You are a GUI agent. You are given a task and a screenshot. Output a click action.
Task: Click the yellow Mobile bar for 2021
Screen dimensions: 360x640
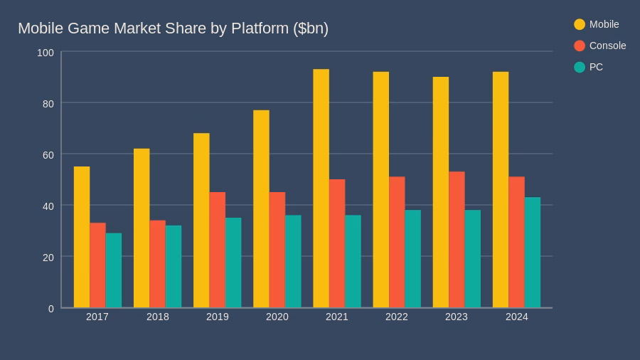tap(321, 189)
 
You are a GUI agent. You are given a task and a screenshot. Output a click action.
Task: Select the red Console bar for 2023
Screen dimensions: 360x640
tap(457, 240)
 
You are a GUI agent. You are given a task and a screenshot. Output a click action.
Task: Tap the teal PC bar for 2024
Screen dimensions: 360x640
tap(533, 253)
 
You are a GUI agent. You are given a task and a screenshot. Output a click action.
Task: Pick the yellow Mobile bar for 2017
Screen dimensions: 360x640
tap(82, 237)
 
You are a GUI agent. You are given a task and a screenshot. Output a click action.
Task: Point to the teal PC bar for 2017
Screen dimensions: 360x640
tap(114, 270)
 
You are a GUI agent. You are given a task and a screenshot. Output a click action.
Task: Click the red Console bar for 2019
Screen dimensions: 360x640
tap(218, 250)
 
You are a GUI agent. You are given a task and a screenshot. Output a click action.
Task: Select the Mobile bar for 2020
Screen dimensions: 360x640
tap(261, 209)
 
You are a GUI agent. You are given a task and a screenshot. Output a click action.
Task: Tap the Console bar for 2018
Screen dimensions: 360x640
tap(157, 264)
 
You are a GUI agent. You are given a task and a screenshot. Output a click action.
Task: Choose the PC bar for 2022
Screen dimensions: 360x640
tap(413, 259)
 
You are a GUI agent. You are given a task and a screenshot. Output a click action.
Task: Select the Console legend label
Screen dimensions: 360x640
tap(607, 46)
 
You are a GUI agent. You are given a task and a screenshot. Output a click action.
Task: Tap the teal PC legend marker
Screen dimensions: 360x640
tap(580, 67)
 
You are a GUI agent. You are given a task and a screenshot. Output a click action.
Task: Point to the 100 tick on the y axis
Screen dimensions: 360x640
tap(46, 53)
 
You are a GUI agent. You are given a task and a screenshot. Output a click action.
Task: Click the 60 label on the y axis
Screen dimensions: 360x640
tap(48, 154)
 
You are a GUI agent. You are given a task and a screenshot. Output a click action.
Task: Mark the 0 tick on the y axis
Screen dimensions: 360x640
tap(51, 308)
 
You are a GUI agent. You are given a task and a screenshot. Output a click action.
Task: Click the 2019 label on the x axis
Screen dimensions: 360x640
tap(218, 317)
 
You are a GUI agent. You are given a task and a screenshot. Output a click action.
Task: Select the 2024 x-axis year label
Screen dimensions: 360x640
tap(517, 317)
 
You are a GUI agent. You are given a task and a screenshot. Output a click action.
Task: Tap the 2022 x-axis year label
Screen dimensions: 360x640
tap(397, 317)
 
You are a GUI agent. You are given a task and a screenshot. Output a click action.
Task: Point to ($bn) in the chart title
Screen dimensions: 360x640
tap(311, 28)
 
